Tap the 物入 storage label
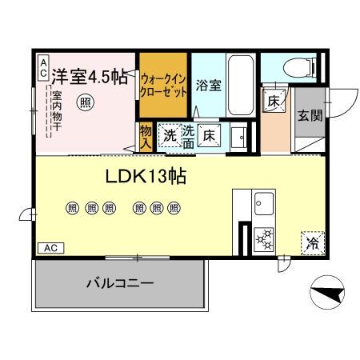[x=145, y=138]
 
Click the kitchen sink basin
[x=264, y=206]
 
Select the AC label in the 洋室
[x=42, y=67]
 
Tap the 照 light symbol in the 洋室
[x=85, y=102]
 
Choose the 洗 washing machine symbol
[x=170, y=135]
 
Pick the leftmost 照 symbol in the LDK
[x=72, y=207]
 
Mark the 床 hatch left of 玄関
[x=274, y=101]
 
